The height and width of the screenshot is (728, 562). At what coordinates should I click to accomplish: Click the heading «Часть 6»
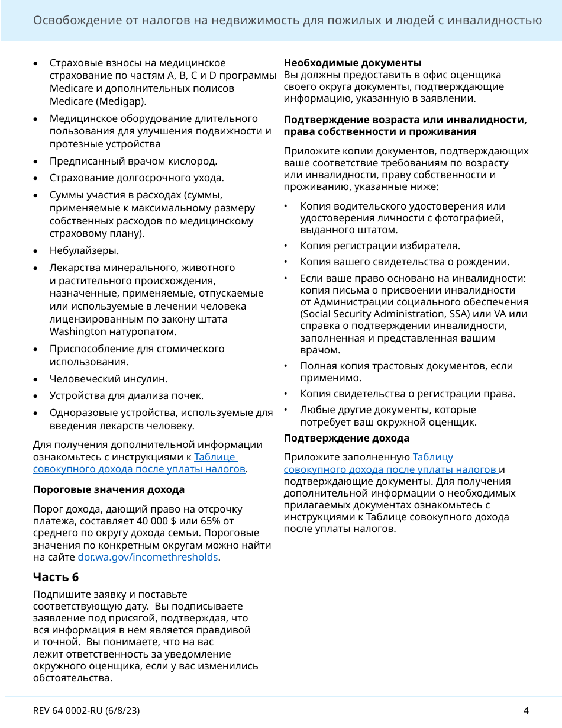tap(56, 577)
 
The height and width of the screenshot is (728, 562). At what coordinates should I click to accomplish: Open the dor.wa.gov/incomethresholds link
tap(148, 558)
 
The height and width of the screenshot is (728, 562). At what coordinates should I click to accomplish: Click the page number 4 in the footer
tap(525, 711)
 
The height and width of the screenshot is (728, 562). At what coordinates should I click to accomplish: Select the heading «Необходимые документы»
tap(353, 63)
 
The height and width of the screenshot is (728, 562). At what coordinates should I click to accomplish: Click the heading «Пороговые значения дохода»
tap(108, 489)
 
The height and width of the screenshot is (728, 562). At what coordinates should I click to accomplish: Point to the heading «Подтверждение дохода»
tap(346, 439)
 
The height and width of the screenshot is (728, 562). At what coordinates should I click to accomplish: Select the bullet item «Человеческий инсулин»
tap(108, 379)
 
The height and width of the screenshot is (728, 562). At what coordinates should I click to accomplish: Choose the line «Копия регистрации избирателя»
tap(380, 246)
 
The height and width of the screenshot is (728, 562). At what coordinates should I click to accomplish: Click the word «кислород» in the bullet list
tap(194, 161)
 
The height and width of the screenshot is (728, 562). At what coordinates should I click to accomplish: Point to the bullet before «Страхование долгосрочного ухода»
tap(37, 178)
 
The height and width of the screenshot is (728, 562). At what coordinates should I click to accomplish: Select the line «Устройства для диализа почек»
tap(126, 395)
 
